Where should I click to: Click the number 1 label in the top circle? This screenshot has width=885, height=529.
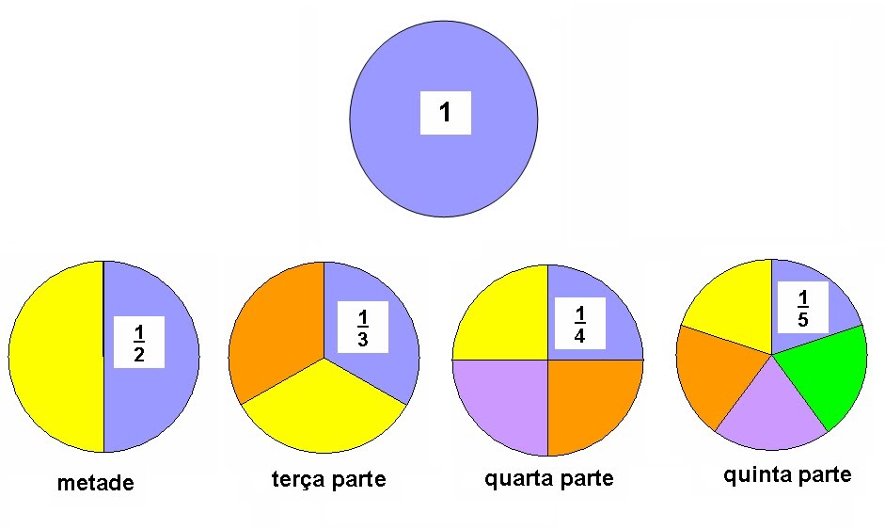[x=445, y=114]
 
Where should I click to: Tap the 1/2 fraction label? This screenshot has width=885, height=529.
[x=139, y=342]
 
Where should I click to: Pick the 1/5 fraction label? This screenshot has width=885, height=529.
[x=802, y=309]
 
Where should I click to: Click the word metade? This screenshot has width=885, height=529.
[x=95, y=484]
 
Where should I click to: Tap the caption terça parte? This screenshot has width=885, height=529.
[x=328, y=480]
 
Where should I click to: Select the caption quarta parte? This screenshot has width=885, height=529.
[x=549, y=478]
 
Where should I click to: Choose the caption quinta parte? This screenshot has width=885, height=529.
[x=787, y=474]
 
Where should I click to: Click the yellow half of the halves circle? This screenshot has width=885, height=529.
[x=56, y=358]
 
